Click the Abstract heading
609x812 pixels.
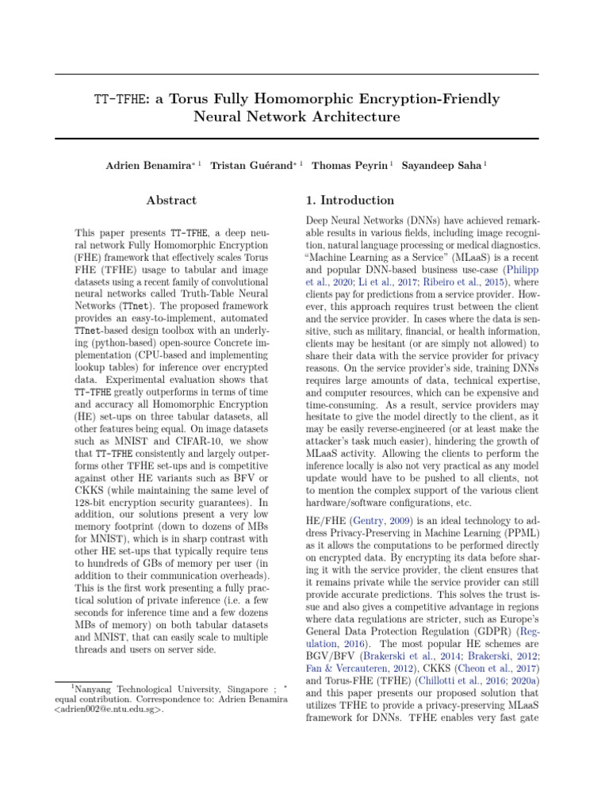pyautogui.click(x=170, y=201)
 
